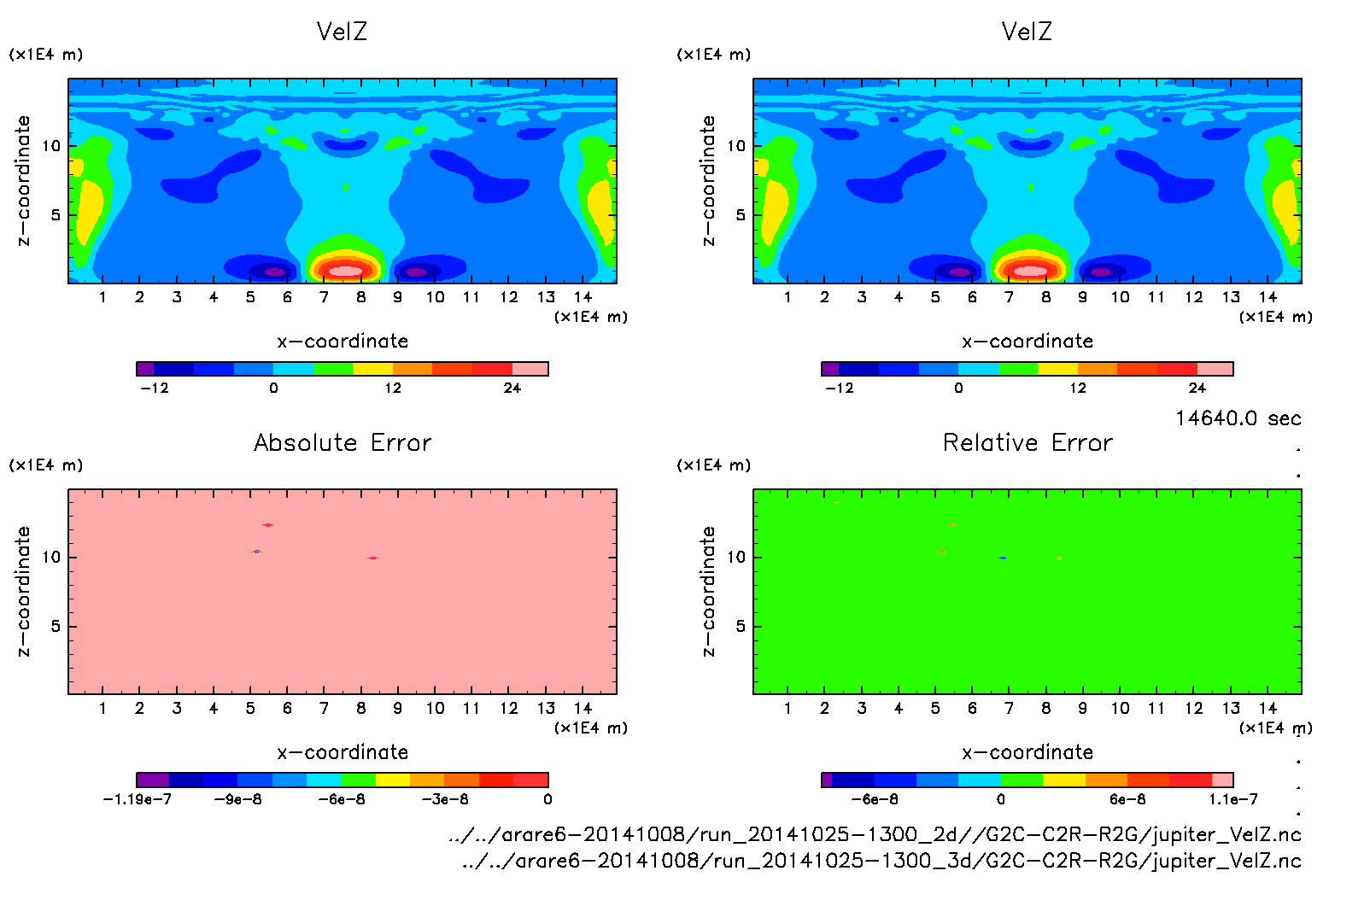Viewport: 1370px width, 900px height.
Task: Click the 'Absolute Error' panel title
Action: (342, 442)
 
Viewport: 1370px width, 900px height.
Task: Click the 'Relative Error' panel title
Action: (1027, 442)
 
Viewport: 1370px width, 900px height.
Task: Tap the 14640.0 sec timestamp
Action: (1238, 418)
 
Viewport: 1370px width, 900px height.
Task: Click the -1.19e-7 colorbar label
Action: (137, 799)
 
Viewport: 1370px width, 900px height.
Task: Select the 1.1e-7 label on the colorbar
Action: (1232, 799)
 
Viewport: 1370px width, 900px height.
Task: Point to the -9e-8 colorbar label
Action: (237, 799)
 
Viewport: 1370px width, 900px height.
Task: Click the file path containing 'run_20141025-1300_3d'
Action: (881, 861)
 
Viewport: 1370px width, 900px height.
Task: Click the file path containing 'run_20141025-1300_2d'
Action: (874, 834)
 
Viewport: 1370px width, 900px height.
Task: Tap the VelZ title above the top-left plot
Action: (342, 32)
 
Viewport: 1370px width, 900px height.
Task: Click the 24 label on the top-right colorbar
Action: (1197, 388)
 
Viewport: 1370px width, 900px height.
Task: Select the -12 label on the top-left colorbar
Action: (155, 388)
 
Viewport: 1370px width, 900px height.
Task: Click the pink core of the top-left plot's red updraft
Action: (346, 272)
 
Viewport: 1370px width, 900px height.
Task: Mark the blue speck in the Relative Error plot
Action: (1003, 558)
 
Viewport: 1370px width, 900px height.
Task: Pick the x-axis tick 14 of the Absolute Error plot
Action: (583, 708)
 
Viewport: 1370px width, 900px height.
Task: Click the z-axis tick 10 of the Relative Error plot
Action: (736, 558)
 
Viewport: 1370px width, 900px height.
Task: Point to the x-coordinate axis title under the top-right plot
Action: (1027, 342)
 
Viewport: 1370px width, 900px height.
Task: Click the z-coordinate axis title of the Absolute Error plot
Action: (24, 592)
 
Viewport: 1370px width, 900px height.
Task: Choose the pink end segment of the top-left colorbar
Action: (530, 369)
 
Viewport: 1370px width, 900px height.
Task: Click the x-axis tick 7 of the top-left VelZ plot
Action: (324, 297)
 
